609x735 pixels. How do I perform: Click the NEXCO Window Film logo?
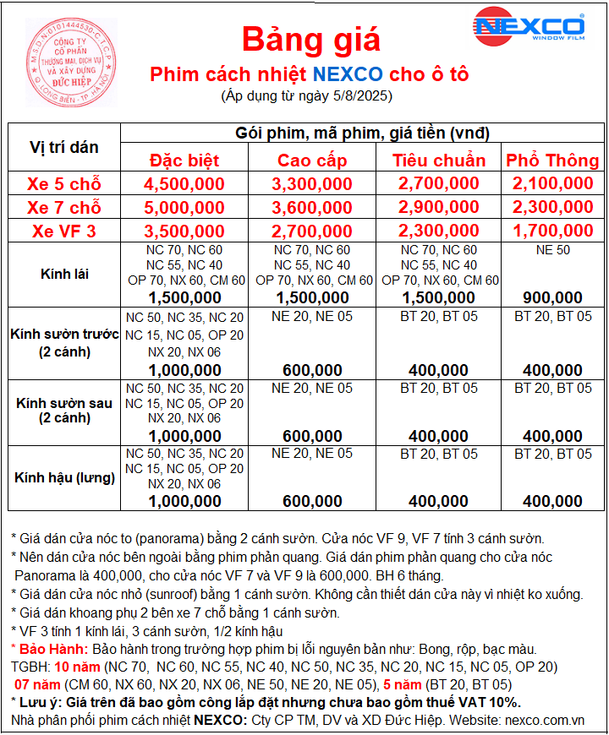click(529, 26)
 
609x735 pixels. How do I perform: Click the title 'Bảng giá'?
click(311, 39)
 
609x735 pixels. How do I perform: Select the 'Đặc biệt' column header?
click(184, 161)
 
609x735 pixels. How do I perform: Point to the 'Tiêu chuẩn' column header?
click(439, 161)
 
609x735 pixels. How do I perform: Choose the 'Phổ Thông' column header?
click(552, 161)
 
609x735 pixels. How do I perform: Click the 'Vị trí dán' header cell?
click(64, 147)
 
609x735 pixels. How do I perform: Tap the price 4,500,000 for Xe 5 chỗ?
click(184, 183)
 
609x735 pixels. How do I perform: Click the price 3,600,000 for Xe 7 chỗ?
click(312, 207)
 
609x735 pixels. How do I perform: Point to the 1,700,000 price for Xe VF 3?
click(552, 231)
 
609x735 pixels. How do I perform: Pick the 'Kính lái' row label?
click(64, 274)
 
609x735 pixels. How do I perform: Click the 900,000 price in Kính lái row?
click(552, 297)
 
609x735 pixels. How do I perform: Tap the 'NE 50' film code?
click(552, 250)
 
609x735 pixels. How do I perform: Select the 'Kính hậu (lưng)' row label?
click(64, 477)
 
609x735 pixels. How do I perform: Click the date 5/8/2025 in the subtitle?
click(358, 96)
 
